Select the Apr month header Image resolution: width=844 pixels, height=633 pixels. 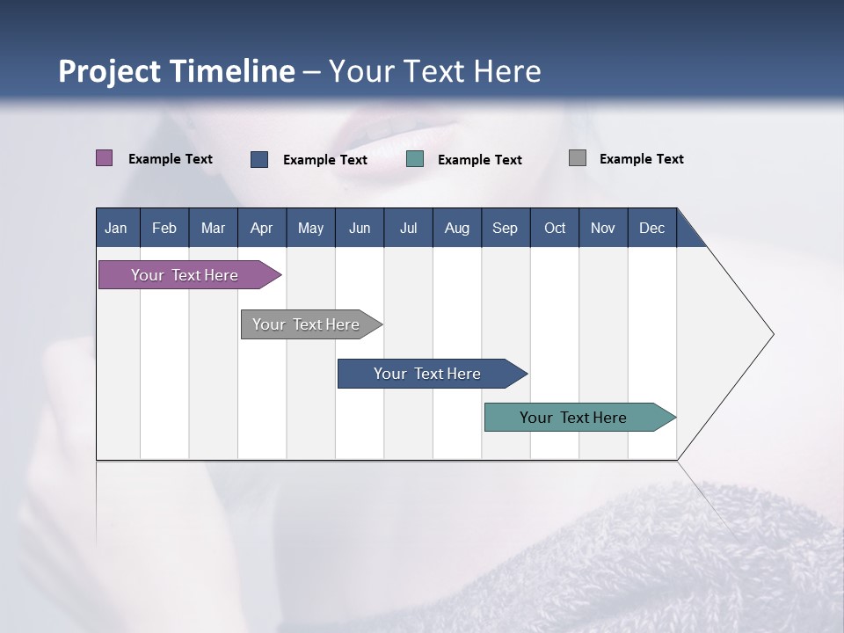(262, 228)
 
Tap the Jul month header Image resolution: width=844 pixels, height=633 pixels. (409, 228)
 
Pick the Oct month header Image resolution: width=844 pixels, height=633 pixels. (555, 228)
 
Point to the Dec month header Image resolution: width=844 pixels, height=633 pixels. (652, 228)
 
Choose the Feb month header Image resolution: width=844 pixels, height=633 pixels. (164, 228)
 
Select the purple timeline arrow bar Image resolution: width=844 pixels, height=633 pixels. (190, 274)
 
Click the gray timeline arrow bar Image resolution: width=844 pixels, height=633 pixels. (311, 324)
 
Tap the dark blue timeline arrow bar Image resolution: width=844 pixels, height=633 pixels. (433, 374)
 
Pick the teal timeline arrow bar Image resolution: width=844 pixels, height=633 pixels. (580, 417)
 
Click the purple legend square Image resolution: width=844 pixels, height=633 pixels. (104, 157)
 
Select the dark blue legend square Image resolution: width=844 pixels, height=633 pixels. (259, 159)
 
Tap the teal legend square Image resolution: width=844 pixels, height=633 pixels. (415, 159)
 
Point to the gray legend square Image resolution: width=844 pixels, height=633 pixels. (578, 157)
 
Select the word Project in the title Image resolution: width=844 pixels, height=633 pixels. (109, 72)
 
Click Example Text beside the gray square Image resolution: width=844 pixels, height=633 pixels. (642, 159)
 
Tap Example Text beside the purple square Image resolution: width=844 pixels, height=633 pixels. (171, 159)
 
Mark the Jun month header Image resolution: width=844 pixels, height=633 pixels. (360, 228)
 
